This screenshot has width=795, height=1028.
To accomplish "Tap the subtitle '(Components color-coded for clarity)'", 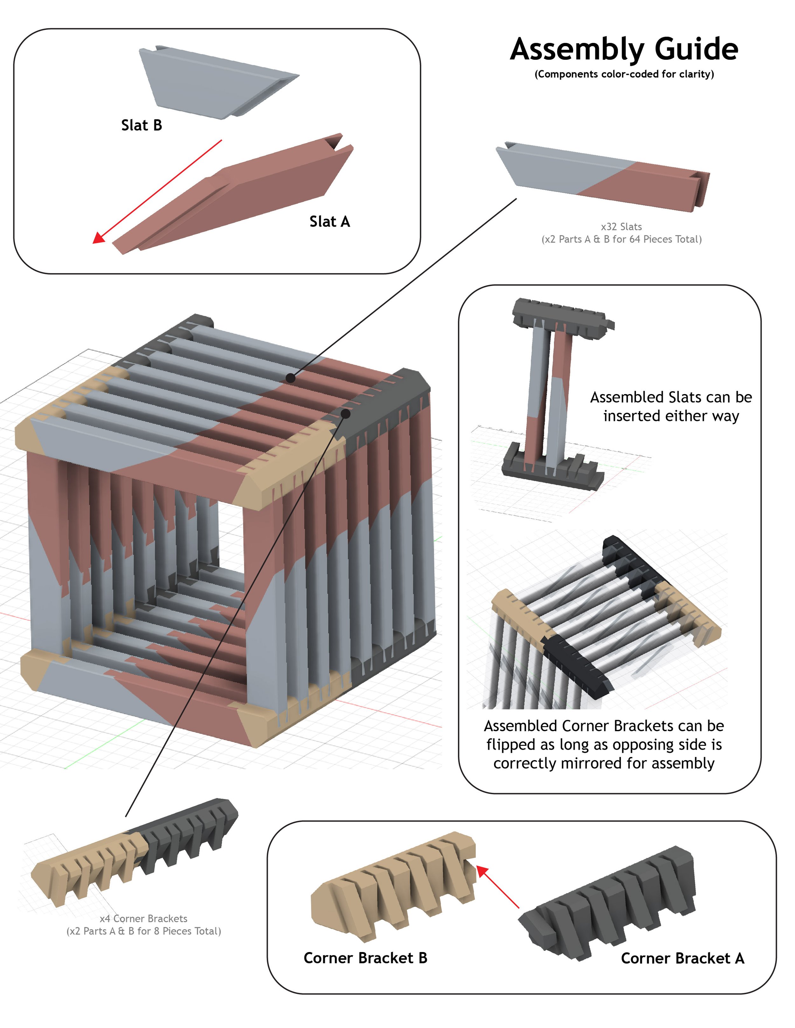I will (x=624, y=74).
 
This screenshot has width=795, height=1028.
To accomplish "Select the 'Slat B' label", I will (x=141, y=125).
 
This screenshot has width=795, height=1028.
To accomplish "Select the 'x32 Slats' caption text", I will (x=621, y=227).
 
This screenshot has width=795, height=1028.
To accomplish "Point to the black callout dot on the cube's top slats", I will (x=291, y=378).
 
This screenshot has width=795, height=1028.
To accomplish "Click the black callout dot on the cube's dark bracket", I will (x=345, y=414).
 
